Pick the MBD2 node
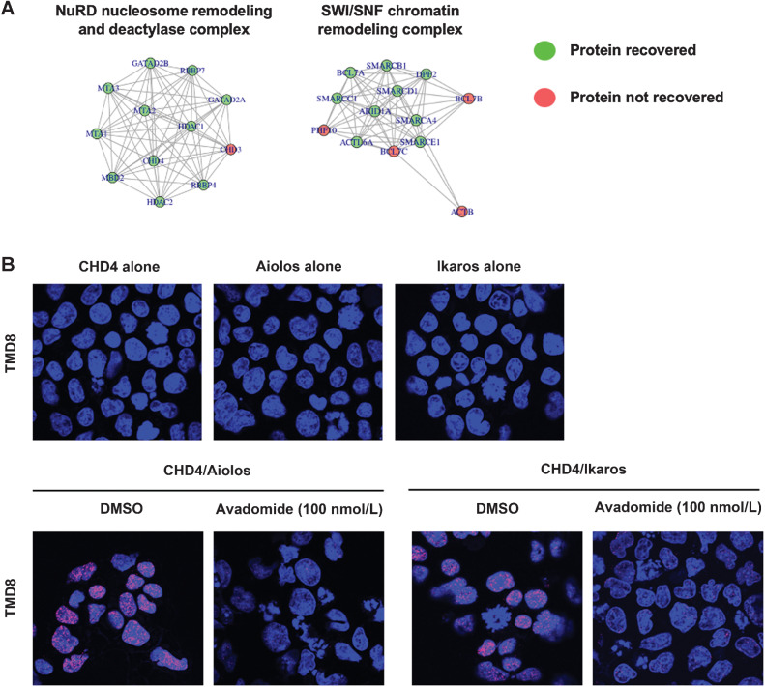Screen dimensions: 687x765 [112, 179]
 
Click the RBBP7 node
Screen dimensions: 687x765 [191, 70]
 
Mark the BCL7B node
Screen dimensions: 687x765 [468, 99]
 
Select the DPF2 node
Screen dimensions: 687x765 [427, 73]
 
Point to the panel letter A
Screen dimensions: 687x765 [10, 10]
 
